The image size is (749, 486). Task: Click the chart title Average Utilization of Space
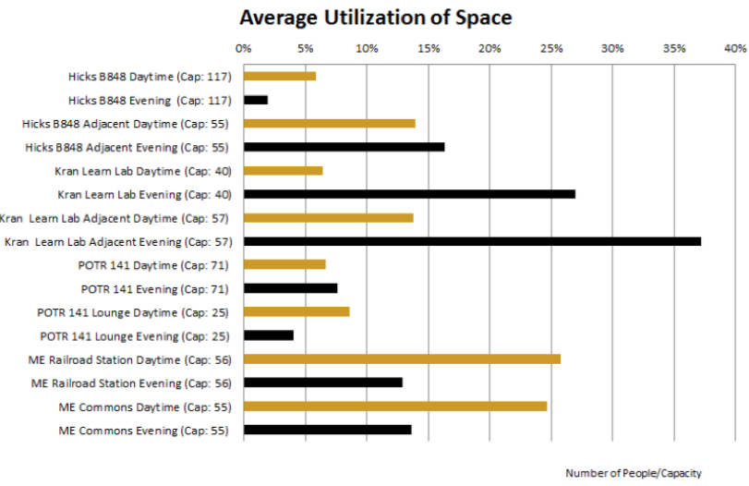click(x=375, y=18)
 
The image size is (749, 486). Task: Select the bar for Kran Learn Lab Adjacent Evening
click(x=472, y=241)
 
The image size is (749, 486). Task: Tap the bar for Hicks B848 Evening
click(x=256, y=99)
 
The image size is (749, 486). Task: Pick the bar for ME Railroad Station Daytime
click(x=402, y=358)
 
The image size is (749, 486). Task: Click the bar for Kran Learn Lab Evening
click(x=409, y=194)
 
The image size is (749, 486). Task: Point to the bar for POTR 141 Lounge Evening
click(x=269, y=335)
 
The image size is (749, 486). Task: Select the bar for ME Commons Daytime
click(x=395, y=406)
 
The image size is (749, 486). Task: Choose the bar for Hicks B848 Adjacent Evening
click(x=344, y=146)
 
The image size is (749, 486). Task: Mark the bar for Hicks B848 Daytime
click(x=280, y=76)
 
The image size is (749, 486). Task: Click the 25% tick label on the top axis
click(x=550, y=48)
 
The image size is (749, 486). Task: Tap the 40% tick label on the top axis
click(x=735, y=48)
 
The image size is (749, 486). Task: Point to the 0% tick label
click(x=243, y=48)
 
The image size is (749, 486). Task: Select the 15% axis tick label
click(x=428, y=48)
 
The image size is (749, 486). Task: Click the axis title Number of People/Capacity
click(x=633, y=473)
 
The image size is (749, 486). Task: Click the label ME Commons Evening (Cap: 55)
click(x=144, y=430)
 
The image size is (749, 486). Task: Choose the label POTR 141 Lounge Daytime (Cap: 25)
click(x=134, y=311)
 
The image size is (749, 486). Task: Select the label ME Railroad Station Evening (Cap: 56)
click(x=130, y=383)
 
